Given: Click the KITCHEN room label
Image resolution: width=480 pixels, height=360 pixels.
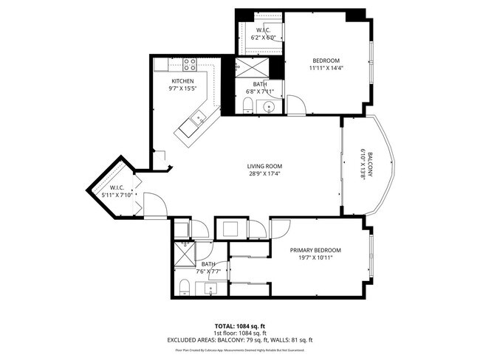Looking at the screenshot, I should pos(182,80).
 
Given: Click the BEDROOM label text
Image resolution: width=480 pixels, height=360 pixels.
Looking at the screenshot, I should pos(325,60).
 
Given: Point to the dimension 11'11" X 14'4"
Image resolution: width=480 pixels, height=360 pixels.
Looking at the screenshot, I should pos(325,68).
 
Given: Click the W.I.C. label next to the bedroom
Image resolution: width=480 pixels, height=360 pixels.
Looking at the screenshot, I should pos(262,30).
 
